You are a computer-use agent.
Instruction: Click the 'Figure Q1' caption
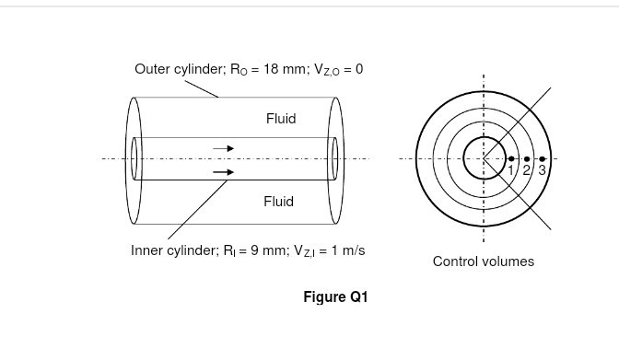335,296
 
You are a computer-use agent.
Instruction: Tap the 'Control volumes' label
483,261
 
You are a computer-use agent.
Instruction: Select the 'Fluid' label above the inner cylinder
280,119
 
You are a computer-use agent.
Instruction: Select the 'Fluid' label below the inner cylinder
278,201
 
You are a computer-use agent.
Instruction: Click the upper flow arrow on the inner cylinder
224,147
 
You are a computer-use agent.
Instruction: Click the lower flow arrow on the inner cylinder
224,171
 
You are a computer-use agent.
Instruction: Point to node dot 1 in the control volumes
511,158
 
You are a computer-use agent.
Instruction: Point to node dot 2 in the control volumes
526,158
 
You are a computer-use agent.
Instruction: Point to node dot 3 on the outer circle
542,158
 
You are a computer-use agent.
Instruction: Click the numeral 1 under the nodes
511,170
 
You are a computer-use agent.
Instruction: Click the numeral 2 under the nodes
527,170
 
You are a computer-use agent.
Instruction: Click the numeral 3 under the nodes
542,170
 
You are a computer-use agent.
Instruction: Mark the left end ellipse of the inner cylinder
135,158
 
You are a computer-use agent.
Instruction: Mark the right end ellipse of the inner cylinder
334,158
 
